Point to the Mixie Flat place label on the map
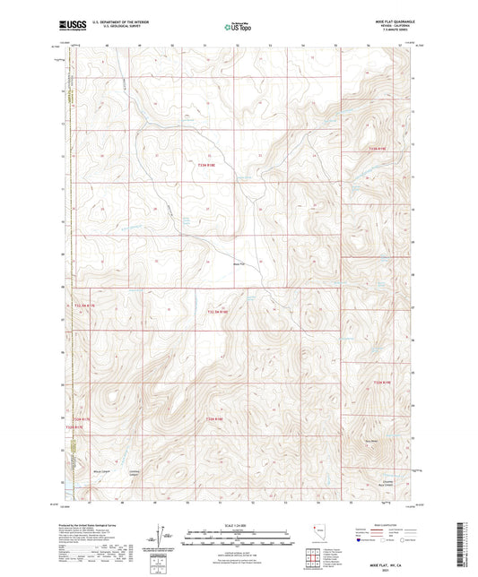point(238,263)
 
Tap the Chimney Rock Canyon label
point(387,482)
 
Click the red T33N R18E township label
point(207,164)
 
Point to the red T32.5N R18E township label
point(218,311)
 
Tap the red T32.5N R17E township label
point(83,306)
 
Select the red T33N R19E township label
point(382,150)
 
